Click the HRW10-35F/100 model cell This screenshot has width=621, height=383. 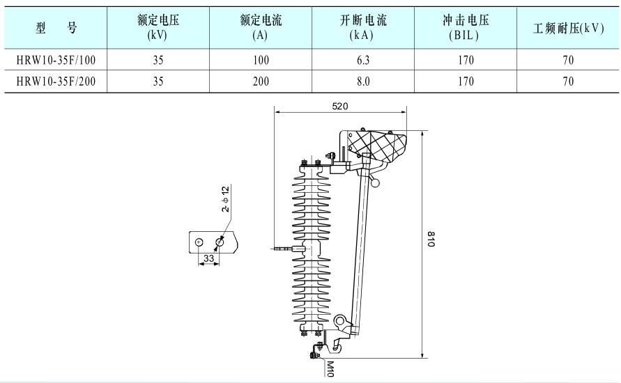pyautogui.click(x=56, y=61)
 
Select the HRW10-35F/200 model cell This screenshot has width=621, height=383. pyautogui.click(x=56, y=81)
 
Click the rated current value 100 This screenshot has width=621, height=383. pyautogui.click(x=260, y=61)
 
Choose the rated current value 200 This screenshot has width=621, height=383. pyautogui.click(x=260, y=81)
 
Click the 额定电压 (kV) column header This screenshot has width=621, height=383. pyautogui.click(x=158, y=28)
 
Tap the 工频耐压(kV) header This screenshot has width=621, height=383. pyautogui.click(x=568, y=29)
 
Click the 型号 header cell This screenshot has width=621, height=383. pyautogui.click(x=56, y=29)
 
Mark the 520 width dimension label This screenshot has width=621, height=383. pyautogui.click(x=340, y=106)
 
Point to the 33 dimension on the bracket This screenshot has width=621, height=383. pyautogui.click(x=208, y=258)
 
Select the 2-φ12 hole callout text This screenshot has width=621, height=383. pyautogui.click(x=225, y=199)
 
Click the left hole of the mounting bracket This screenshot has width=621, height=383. pyautogui.click(x=199, y=242)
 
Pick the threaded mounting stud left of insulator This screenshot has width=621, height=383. pyautogui.click(x=282, y=248)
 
